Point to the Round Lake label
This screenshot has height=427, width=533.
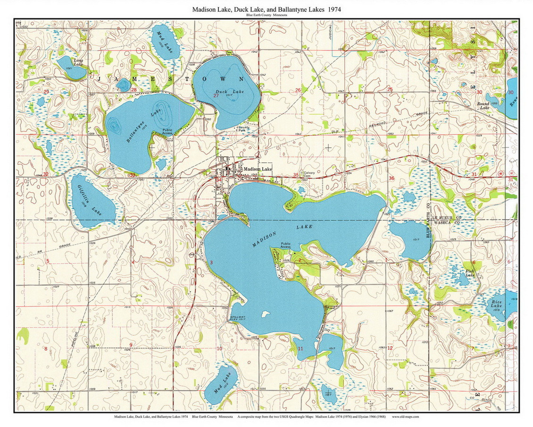point(483,105)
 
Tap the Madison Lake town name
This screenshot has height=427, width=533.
point(258,169)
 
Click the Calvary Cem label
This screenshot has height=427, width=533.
point(309,174)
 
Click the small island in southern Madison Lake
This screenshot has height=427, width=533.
point(266,313)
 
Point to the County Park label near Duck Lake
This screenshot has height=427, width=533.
point(244,128)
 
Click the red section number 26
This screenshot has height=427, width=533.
point(298,90)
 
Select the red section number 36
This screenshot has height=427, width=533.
point(391,178)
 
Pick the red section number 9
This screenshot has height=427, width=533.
point(130,344)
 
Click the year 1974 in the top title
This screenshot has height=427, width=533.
point(334,9)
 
